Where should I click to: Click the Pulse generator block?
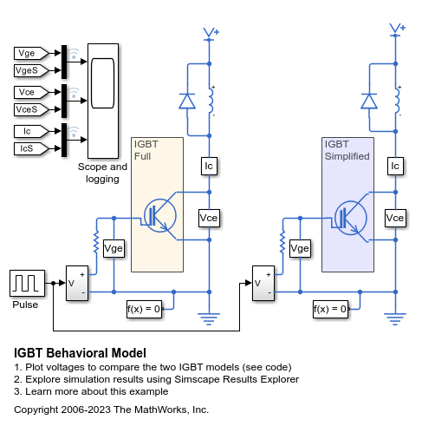point(24,283)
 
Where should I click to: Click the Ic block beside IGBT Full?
point(208,165)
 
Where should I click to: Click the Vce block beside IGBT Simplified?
point(395,217)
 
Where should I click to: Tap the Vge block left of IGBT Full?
point(114,249)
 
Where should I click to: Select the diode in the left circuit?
point(186,102)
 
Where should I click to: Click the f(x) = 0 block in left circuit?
point(144,308)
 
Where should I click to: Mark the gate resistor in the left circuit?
point(95,239)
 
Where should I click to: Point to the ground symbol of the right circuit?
point(395,318)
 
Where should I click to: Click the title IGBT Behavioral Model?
point(80,353)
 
